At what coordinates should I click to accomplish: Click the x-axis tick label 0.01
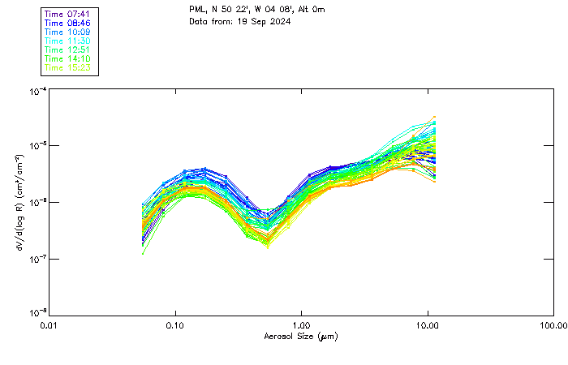click(49, 325)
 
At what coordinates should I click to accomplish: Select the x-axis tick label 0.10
click(175, 325)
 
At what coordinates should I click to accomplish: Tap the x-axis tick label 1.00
click(301, 325)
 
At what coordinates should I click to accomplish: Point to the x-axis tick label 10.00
click(428, 325)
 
